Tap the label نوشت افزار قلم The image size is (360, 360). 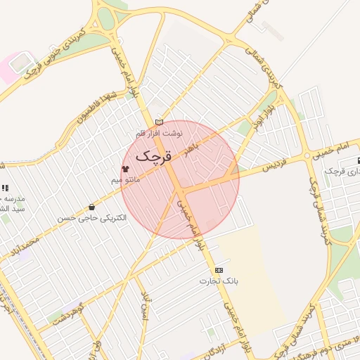pos(160,133)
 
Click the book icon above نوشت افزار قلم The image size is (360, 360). pos(159,122)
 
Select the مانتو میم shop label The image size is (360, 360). pos(127,180)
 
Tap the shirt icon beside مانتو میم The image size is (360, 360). pos(125,169)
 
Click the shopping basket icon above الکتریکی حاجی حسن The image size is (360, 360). pos(92,207)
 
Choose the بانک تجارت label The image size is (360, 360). pos(218,281)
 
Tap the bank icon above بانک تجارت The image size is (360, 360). pos(219,270)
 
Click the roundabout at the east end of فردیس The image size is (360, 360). pos(307,155)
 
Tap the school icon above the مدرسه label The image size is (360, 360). pos(5,188)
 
